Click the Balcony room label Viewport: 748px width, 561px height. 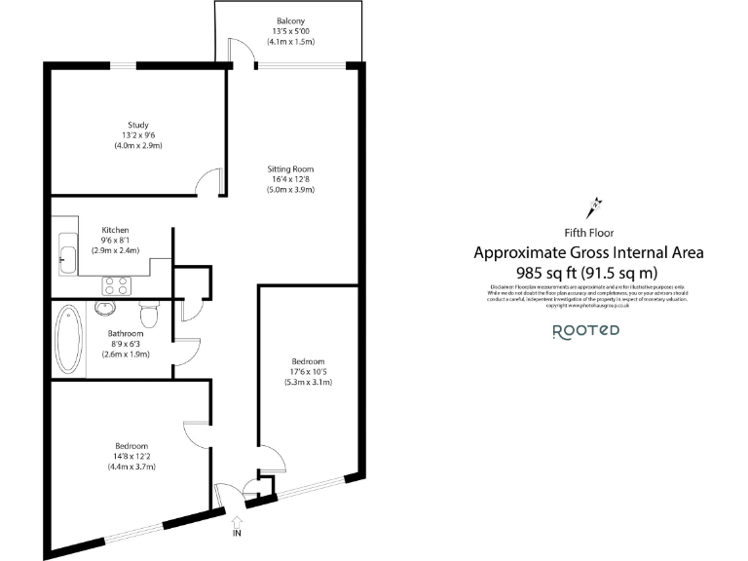click(289, 20)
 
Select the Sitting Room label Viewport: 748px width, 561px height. click(291, 168)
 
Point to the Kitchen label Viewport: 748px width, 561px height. click(115, 230)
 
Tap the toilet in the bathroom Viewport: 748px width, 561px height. click(150, 314)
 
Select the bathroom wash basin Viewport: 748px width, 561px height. click(106, 309)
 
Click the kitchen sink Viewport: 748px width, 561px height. click(66, 255)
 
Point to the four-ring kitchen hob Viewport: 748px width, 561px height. click(118, 285)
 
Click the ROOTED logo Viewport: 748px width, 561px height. click(585, 330)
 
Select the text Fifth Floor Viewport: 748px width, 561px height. click(587, 232)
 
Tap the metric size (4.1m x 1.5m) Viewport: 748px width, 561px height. click(289, 42)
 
